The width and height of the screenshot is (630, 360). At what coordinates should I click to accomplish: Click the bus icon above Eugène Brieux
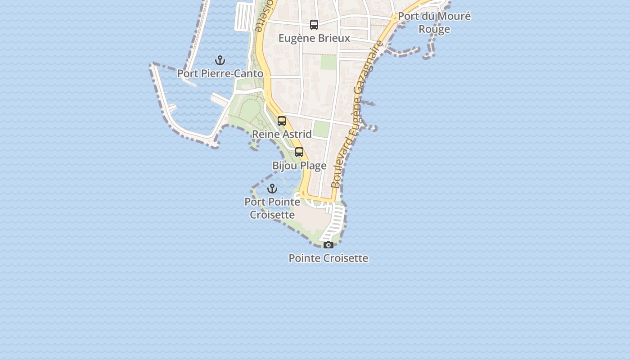[x=314, y=25]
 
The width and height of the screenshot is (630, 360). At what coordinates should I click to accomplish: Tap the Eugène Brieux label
[x=314, y=38]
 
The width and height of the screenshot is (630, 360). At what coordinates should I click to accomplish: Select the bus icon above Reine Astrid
[x=282, y=121]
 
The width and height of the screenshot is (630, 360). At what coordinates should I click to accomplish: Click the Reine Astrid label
[x=282, y=134]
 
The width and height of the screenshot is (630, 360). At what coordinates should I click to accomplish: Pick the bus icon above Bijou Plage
[x=299, y=152]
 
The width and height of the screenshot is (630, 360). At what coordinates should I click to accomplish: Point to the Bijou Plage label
[x=299, y=166]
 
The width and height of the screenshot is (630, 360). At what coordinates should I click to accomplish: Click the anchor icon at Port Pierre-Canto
[x=220, y=60]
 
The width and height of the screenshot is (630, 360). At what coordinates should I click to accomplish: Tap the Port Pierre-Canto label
[x=220, y=73]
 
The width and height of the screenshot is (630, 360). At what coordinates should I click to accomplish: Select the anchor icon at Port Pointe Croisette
[x=272, y=189]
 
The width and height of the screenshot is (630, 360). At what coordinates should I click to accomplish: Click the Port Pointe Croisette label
[x=272, y=208]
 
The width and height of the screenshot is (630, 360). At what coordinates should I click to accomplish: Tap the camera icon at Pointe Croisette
[x=328, y=245]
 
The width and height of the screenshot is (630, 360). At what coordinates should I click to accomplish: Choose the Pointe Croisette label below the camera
[x=328, y=258]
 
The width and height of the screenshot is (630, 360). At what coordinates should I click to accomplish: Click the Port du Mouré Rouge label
[x=434, y=22]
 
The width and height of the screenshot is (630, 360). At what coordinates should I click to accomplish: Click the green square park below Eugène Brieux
[x=328, y=62]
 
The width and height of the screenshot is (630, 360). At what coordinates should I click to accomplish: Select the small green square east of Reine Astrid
[x=321, y=129]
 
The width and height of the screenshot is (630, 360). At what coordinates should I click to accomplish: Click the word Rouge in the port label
[x=434, y=29]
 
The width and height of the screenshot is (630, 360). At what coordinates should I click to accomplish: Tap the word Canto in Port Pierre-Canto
[x=248, y=73]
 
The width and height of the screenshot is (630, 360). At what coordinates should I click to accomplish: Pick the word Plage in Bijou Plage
[x=313, y=166]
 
